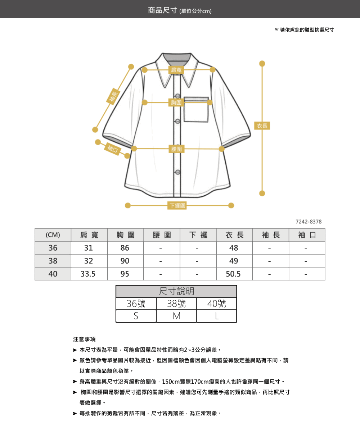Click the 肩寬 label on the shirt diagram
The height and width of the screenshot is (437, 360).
pyautogui.click(x=176, y=70)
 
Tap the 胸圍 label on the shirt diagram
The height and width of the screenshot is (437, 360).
pyautogui.click(x=176, y=103)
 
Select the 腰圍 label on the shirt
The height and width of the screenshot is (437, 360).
pyautogui.click(x=176, y=149)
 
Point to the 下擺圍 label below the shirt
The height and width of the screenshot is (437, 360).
pyautogui.click(x=177, y=205)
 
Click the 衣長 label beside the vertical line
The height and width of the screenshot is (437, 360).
pyautogui.click(x=262, y=126)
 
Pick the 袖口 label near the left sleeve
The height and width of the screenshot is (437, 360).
pyautogui.click(x=113, y=149)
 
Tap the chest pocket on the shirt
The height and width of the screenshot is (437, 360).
pyautogui.click(x=196, y=109)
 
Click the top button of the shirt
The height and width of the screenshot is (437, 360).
pyautogui.click(x=178, y=96)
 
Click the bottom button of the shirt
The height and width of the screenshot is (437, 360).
pyautogui.click(x=178, y=172)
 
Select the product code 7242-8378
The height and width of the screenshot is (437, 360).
pyautogui.click(x=309, y=222)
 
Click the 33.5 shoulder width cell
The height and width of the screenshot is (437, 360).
pyautogui.click(x=88, y=274)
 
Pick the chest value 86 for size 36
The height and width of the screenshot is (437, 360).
pyautogui.click(x=125, y=248)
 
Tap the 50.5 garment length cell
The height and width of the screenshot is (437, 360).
pyautogui.click(x=233, y=274)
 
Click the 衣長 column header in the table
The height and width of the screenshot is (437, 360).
pyautogui.click(x=234, y=235)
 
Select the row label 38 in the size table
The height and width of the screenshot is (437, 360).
pyautogui.click(x=53, y=261)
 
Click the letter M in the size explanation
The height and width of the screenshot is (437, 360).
pyautogui.click(x=176, y=316)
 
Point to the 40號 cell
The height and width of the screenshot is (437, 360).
pyautogui.click(x=216, y=304)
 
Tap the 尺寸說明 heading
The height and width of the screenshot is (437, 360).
pyautogui.click(x=176, y=291)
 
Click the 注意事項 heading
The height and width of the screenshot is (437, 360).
pyautogui.click(x=84, y=339)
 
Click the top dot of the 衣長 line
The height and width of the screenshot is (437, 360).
pyautogui.click(x=262, y=64)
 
